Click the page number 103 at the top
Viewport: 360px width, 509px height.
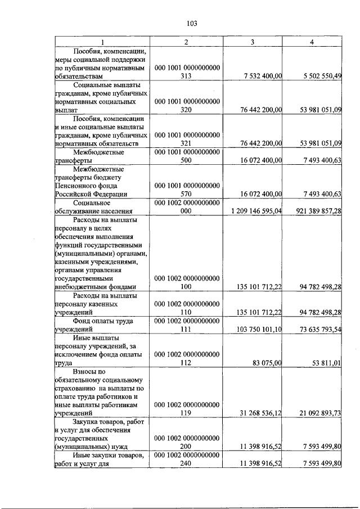191,23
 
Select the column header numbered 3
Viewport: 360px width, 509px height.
253,43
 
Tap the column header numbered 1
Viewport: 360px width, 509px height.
102,43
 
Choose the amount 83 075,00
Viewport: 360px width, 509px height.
267,363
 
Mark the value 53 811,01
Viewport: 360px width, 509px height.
327,363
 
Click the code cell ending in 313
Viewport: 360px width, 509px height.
187,71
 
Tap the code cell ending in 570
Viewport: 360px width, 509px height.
187,190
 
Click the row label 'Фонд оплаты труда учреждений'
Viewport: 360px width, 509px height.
102,325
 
